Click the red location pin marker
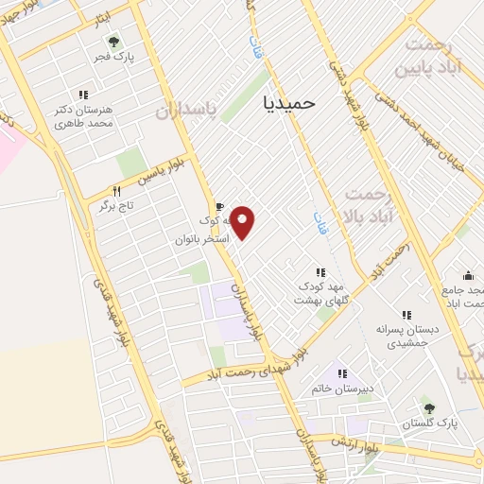243,221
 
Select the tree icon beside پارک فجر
114,42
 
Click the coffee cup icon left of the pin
219,207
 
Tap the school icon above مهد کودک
320,272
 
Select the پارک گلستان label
430,423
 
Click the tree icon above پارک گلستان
430,409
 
